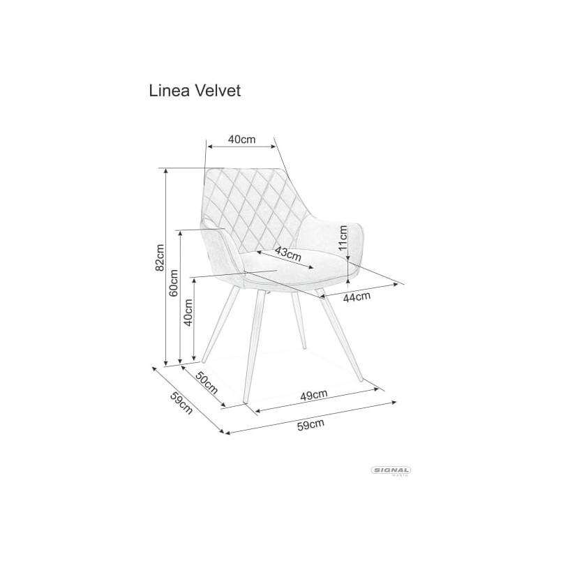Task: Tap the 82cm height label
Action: (160, 257)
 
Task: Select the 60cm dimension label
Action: (174, 283)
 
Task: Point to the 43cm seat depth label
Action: (288, 254)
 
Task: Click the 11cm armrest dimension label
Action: (343, 237)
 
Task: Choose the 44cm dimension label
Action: (357, 297)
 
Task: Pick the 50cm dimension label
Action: (207, 382)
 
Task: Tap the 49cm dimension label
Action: (314, 396)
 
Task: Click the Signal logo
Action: (391, 471)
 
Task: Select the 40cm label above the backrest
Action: (242, 139)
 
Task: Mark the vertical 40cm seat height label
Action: (188, 313)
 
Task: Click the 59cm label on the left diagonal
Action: (181, 403)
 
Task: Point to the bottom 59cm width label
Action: (311, 425)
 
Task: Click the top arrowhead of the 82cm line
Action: (165, 171)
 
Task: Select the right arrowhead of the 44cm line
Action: (396, 285)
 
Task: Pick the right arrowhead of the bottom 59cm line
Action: (394, 403)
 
